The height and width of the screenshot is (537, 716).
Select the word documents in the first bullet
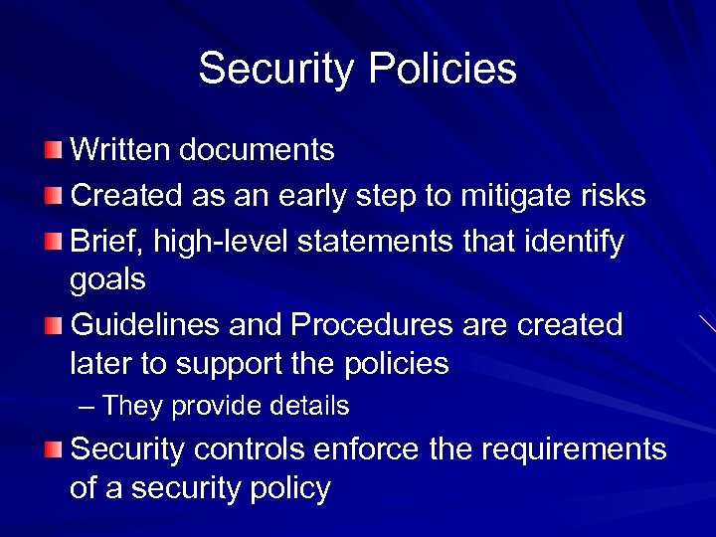click(x=259, y=150)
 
